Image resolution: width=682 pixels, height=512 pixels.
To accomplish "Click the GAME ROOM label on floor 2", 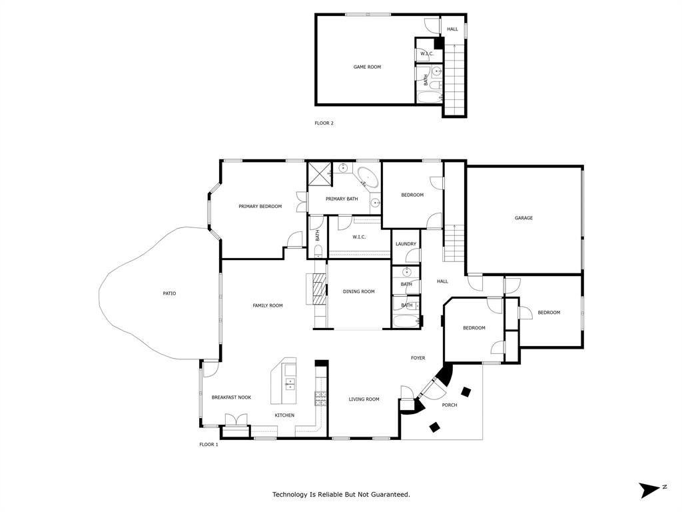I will click(x=367, y=67).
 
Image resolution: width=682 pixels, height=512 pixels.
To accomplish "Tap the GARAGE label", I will click(x=523, y=218).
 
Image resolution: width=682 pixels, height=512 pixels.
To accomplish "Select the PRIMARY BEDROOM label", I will click(x=260, y=207).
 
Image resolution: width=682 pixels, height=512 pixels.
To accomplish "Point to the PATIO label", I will click(x=170, y=293).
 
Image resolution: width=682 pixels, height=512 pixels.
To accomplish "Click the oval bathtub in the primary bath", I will click(x=367, y=178).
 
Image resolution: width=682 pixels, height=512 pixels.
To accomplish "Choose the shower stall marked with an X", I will click(x=319, y=173).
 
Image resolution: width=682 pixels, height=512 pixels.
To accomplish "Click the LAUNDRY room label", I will click(x=406, y=244).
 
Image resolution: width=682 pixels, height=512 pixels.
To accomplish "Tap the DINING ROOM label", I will click(x=358, y=291).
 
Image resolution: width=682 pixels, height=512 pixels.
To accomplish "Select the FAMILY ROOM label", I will click(x=268, y=305).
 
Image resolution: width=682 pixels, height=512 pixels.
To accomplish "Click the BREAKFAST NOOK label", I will click(x=231, y=397).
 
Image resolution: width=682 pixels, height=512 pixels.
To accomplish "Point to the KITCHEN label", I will click(x=284, y=415).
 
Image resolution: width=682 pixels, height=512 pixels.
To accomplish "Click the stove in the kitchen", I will click(x=321, y=398).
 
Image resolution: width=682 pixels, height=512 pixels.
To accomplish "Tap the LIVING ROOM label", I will click(x=364, y=399).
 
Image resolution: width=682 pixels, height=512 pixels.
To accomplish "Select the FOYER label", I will click(x=418, y=358).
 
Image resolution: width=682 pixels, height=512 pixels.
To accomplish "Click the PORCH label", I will click(x=450, y=405).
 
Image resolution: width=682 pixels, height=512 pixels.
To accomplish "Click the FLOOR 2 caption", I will click(x=324, y=123).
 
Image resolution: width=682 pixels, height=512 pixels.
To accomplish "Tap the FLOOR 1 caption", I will click(x=208, y=445).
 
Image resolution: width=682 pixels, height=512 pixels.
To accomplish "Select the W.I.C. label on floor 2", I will click(x=426, y=54).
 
